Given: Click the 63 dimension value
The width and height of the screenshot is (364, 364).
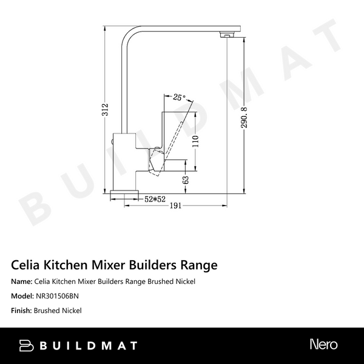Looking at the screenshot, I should click(187, 180).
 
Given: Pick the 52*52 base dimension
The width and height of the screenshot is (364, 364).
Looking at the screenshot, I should click(155, 198).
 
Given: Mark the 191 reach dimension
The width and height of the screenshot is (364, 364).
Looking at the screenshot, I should click(175, 206).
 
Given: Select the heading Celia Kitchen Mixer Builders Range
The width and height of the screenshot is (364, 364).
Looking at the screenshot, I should click(114, 265).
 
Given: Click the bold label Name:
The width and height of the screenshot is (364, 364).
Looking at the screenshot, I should click(22, 282).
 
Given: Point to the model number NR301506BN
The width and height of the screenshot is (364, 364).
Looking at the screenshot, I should click(58, 297).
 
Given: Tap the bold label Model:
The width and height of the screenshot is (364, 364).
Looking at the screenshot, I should click(22, 297).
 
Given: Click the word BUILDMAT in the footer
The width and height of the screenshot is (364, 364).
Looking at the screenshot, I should click(89, 346).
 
